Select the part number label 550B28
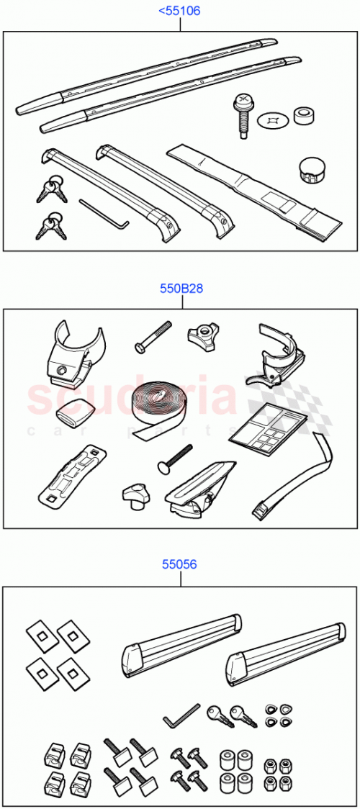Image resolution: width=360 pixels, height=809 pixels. tap(181, 289)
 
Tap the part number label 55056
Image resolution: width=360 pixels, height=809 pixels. tap(180, 565)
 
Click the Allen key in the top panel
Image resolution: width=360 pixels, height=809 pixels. tap(103, 213)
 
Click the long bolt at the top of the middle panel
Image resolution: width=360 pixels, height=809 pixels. tap(152, 336)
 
